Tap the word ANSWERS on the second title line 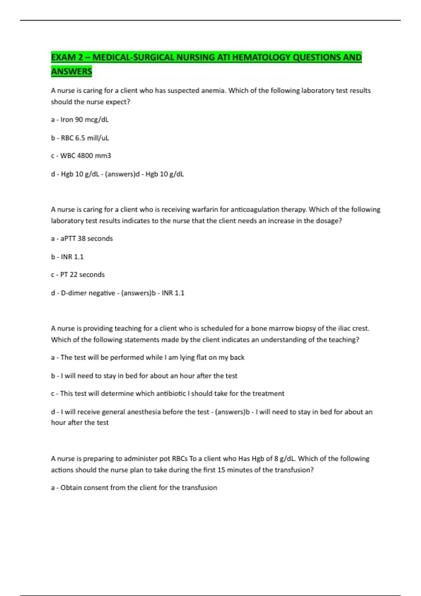tap(72, 72)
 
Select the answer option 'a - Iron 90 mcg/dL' tap(80, 120)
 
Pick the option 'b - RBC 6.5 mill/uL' tap(80, 138)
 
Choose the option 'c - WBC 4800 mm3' tap(81, 156)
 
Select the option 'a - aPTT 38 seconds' tap(82, 238)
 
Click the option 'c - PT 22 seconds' tap(78, 275)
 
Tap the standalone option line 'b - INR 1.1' tap(67, 257)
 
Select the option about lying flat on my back tap(148, 357)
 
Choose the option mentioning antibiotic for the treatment tap(168, 393)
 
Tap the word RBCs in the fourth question tap(180, 459)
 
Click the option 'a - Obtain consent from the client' tap(134, 487)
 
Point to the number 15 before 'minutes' tap(221, 470)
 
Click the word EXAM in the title tap(64, 57)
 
